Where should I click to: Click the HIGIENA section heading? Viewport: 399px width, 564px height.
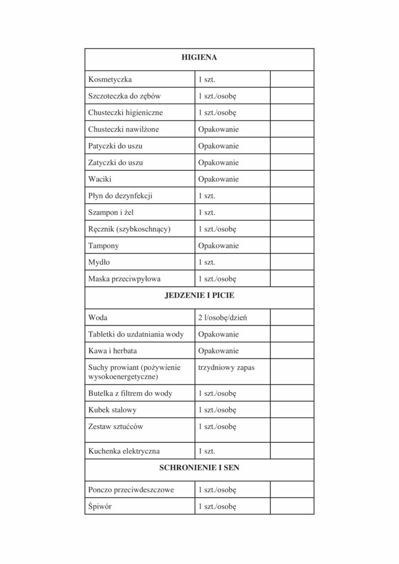click(199, 57)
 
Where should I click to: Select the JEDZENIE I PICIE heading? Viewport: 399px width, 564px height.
click(199, 296)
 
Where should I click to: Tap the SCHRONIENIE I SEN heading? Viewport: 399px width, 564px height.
click(199, 468)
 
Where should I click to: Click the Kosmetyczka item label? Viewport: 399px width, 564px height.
click(110, 80)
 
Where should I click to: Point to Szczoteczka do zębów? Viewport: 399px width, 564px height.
click(124, 96)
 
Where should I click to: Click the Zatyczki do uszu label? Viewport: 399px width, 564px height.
click(116, 162)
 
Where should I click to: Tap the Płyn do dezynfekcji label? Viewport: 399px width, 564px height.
click(120, 196)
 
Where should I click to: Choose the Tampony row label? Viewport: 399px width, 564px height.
click(103, 246)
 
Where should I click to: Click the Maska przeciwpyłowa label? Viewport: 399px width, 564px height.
click(124, 279)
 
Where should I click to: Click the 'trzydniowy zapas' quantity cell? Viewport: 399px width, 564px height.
click(226, 367)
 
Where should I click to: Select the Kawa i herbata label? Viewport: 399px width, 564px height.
click(113, 351)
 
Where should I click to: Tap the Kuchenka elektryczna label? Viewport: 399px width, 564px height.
click(124, 451)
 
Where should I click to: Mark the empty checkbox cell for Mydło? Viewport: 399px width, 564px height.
click(292, 262)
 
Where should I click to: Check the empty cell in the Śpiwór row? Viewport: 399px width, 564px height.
click(292, 506)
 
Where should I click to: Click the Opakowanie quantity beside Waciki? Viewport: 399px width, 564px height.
click(218, 179)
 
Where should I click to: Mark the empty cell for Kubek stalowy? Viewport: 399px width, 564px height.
click(292, 410)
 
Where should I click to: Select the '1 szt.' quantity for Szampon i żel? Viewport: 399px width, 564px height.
click(206, 212)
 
